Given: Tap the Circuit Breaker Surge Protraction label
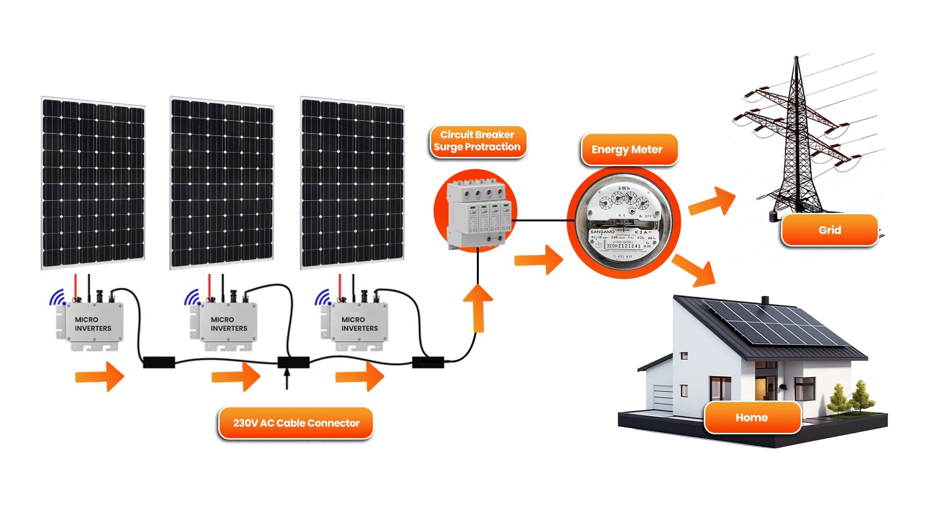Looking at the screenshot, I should (x=477, y=141).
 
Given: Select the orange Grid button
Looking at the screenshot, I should (x=830, y=230).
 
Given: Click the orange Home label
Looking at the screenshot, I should (x=752, y=417).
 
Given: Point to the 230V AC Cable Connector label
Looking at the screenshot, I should (x=296, y=423).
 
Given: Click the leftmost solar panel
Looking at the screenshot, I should (x=93, y=183).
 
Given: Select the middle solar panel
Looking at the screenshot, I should (x=222, y=183).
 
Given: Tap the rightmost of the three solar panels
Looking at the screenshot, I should (x=352, y=183).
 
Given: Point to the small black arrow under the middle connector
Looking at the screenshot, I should (x=287, y=378).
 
